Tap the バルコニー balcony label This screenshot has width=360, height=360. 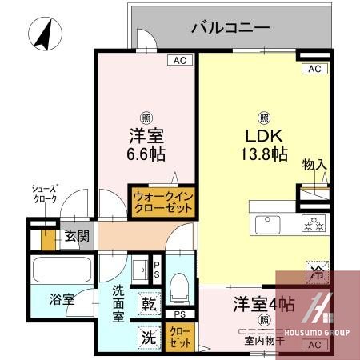(x=230, y=29)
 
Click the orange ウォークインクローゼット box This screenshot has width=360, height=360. (x=163, y=201)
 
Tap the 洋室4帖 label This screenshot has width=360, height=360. (x=263, y=304)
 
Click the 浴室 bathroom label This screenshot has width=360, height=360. (x=62, y=300)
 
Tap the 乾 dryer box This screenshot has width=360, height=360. (x=150, y=304)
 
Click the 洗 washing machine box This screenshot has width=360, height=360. (x=150, y=338)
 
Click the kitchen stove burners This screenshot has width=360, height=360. (x=314, y=223)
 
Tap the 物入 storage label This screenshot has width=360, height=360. (x=314, y=165)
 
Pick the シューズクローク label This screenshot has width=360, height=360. (x=44, y=194)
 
